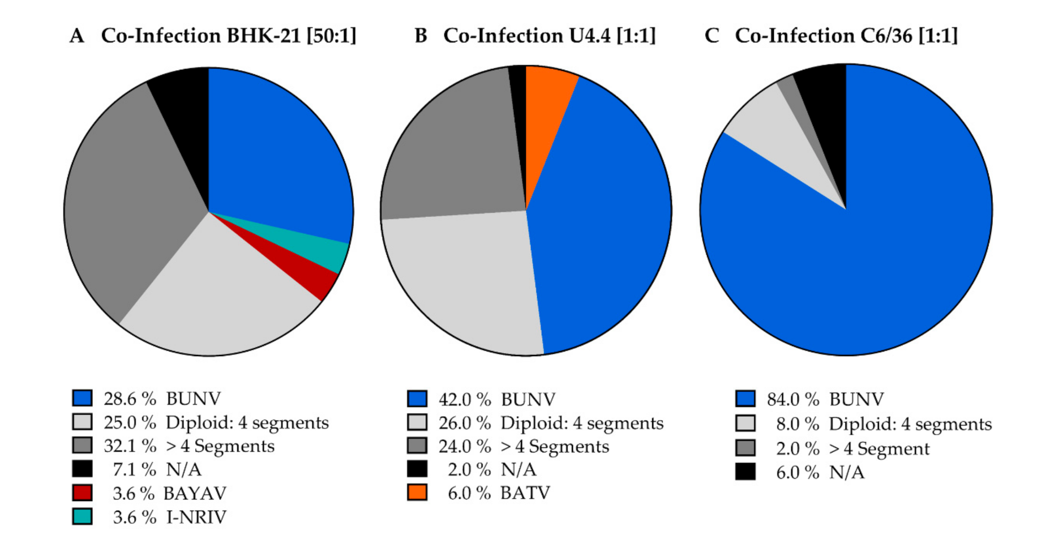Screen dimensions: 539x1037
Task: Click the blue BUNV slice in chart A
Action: (x=272, y=159)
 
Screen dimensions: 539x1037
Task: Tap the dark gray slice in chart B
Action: (x=453, y=153)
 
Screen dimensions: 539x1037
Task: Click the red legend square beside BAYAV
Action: (x=82, y=493)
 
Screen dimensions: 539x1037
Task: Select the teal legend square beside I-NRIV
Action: (x=82, y=516)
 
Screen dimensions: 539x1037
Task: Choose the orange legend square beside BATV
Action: (x=417, y=493)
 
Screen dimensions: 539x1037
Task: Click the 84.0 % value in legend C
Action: (x=793, y=400)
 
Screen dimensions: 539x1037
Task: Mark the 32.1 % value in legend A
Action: (x=130, y=446)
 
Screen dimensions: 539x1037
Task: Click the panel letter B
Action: (x=421, y=36)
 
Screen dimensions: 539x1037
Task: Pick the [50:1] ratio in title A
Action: (x=332, y=36)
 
